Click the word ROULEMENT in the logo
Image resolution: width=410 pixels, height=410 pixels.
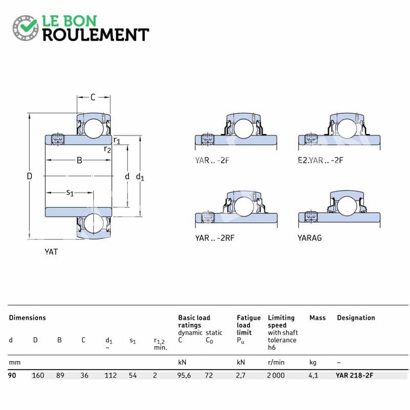[96, 35]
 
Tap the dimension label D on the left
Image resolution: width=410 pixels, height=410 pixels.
[29, 176]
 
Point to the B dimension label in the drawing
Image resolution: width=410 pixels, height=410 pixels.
[79, 160]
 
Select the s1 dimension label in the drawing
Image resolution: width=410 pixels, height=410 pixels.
[70, 193]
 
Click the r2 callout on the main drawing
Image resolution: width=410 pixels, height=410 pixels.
[107, 149]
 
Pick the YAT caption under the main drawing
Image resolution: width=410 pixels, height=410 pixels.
[51, 252]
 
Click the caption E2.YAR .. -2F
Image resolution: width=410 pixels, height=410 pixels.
[320, 160]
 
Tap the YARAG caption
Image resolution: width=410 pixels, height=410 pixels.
[310, 238]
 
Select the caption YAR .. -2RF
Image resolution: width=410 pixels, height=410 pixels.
[215, 238]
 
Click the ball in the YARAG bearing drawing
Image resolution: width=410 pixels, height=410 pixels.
[347, 206]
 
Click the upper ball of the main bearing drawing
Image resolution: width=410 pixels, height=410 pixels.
[94, 129]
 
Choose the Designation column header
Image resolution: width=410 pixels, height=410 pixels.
[356, 318]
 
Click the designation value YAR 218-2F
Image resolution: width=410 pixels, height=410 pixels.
[354, 376]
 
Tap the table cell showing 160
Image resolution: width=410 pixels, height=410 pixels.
[38, 376]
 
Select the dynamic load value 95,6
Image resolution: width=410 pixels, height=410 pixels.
[184, 376]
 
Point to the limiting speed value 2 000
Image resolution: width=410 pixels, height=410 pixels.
[276, 376]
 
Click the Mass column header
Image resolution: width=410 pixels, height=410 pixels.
[317, 318]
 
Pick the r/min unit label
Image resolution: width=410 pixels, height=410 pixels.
[276, 362]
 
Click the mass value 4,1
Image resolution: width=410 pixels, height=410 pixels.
[313, 376]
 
